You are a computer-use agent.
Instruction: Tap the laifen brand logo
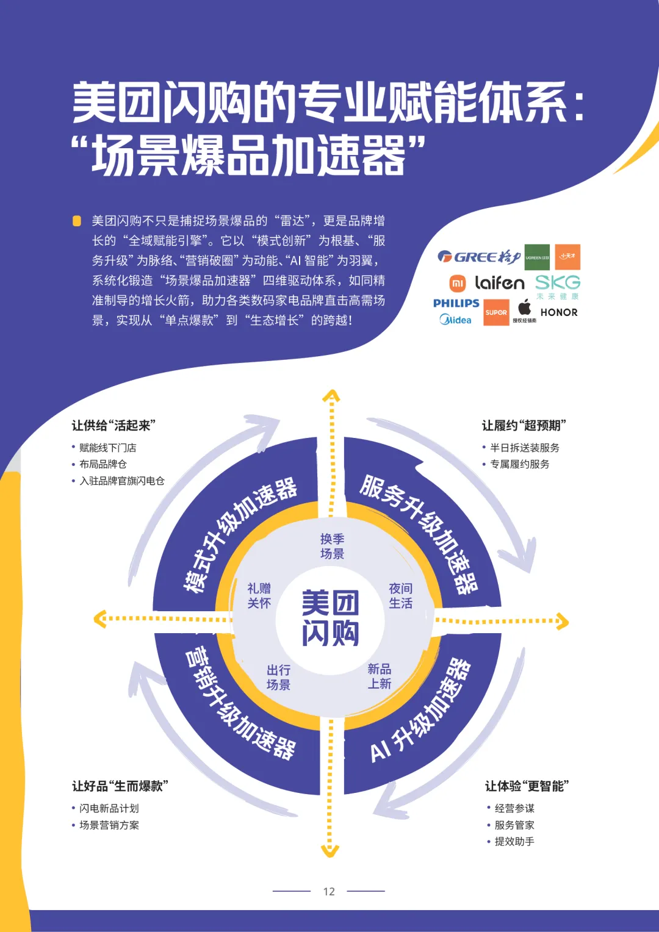[x=499, y=282]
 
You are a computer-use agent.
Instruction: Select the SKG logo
[x=557, y=282]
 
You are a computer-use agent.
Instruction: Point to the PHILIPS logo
[x=456, y=303]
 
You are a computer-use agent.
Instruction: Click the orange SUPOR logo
[x=496, y=312]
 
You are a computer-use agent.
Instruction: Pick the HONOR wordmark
[x=558, y=312]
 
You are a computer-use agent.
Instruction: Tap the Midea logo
[x=455, y=320]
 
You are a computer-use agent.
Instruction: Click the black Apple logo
[x=524, y=307]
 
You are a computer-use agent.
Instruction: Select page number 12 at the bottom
[x=329, y=891]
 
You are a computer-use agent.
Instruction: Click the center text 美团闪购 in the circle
[x=330, y=617]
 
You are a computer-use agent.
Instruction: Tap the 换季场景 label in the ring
[x=332, y=546]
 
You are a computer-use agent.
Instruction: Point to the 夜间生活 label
[x=400, y=595]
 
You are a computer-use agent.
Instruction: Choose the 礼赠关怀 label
[x=259, y=595]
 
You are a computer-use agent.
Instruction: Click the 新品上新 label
[x=379, y=676]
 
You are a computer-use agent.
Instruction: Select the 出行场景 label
[x=278, y=677]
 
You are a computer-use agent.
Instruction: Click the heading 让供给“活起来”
[x=113, y=425]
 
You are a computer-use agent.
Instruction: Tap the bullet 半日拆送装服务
[x=524, y=448]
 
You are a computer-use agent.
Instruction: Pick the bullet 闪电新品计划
[x=109, y=808]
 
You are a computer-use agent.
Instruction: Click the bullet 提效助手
[x=514, y=841]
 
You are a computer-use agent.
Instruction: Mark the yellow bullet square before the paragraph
[x=77, y=221]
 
